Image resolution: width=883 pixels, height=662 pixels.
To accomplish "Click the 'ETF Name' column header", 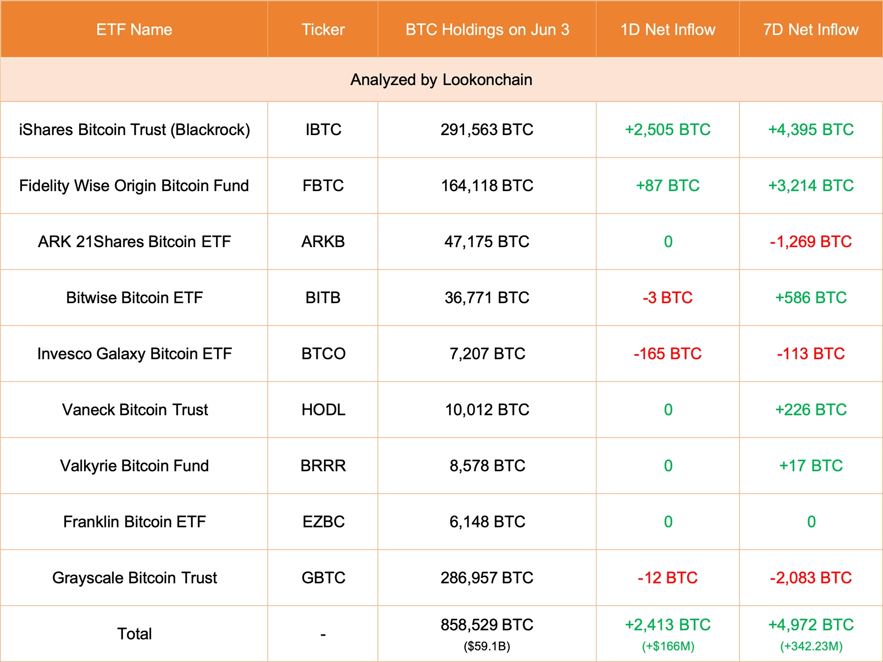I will [134, 30].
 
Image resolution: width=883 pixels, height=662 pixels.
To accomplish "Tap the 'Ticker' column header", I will [323, 30].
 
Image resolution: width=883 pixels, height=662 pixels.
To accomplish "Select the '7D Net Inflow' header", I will [811, 30].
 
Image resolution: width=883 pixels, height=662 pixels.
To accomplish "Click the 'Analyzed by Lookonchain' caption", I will [441, 80].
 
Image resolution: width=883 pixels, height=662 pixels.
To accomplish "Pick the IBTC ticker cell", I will [323, 130].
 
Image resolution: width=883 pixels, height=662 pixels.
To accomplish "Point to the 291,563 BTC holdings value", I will [487, 130].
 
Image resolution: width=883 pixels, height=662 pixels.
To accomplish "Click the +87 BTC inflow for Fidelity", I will [667, 186].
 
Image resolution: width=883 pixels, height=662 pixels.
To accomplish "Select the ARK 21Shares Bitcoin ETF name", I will [134, 242].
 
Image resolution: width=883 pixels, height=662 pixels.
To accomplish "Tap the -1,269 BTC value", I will [811, 242].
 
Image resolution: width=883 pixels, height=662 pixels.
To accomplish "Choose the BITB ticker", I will [323, 298].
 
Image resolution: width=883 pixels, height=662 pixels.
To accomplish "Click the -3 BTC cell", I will [667, 298].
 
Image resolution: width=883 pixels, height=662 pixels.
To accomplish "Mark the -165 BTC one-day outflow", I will [667, 354].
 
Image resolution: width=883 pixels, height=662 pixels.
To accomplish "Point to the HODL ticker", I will [323, 410].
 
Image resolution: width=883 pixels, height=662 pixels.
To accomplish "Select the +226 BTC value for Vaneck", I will [811, 410].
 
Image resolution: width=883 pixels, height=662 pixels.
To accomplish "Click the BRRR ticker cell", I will [323, 466].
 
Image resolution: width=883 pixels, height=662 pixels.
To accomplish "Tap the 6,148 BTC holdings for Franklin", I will [487, 522].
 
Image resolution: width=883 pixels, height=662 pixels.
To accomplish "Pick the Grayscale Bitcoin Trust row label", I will [134, 578].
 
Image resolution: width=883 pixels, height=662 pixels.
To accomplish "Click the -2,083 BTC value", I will [811, 578].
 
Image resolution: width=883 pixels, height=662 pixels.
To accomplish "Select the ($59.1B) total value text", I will [487, 647].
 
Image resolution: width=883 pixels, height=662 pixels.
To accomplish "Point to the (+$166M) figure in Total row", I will [668, 647].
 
